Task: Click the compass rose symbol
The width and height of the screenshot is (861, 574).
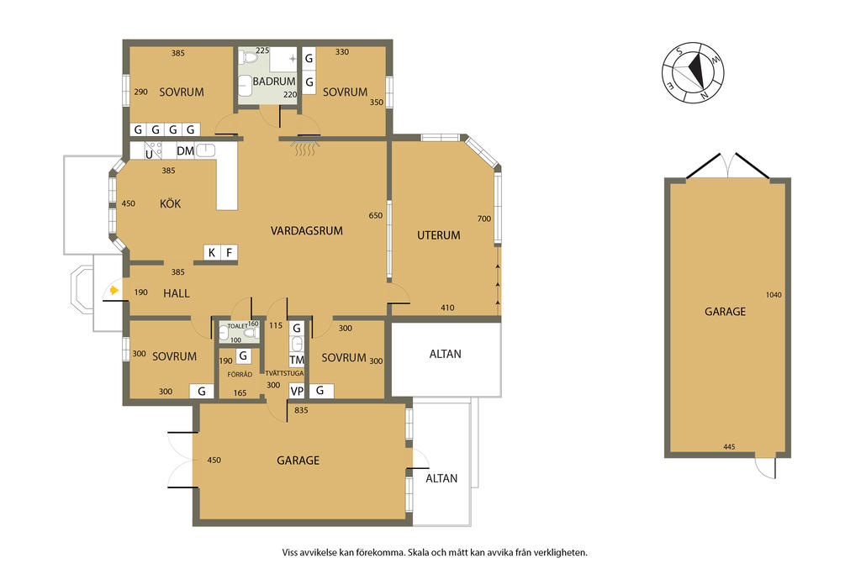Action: coord(693,72)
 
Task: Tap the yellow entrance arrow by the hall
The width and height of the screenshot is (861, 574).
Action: coord(114,290)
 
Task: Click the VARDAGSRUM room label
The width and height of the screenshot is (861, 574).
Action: coord(306,231)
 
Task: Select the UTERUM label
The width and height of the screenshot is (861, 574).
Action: coord(438,235)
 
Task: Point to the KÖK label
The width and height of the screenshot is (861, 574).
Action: coord(170,203)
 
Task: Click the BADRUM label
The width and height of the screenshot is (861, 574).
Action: coord(274,82)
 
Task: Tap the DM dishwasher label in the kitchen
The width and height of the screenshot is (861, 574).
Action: coord(185,151)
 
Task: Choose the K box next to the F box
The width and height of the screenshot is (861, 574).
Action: coord(211,252)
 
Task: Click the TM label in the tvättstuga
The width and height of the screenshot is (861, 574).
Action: coord(297,360)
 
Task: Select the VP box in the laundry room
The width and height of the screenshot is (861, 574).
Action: coord(297,392)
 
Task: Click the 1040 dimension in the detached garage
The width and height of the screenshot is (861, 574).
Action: coord(774,295)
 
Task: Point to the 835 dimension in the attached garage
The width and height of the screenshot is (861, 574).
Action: coord(301,410)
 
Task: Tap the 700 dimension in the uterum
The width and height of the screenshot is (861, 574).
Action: coord(483,219)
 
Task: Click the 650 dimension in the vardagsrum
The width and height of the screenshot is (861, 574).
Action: coord(376,216)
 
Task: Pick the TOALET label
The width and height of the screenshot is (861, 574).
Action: coord(237,326)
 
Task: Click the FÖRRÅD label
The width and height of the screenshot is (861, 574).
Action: coord(240,374)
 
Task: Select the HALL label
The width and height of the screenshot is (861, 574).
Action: coord(177,293)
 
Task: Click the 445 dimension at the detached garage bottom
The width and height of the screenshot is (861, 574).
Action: coord(729,447)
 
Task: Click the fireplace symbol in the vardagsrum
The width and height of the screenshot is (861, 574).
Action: coord(306,146)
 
